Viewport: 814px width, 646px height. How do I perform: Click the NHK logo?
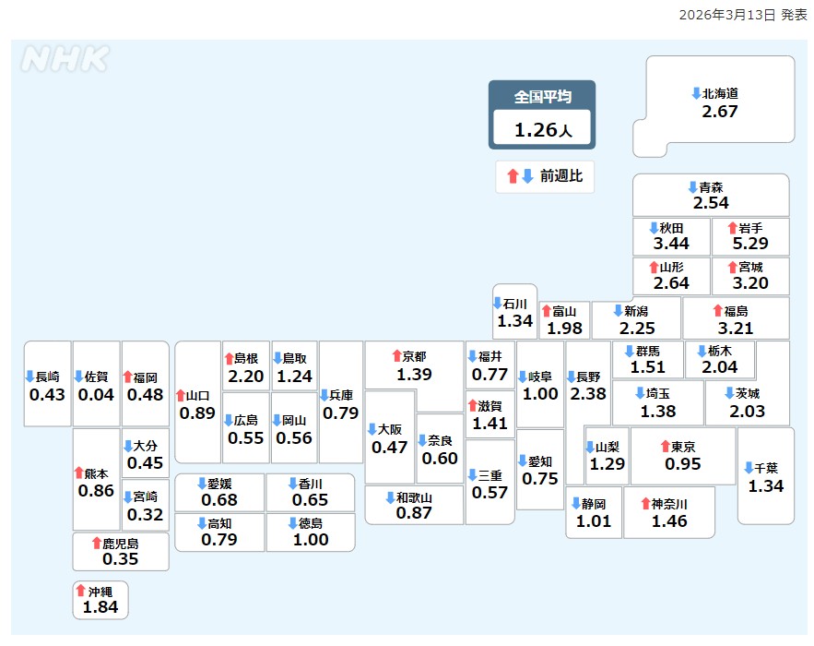(64, 59)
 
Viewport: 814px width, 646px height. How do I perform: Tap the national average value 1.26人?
(542, 130)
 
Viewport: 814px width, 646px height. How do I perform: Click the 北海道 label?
(720, 93)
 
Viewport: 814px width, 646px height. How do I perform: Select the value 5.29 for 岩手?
(750, 245)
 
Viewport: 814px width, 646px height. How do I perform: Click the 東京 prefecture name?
(684, 447)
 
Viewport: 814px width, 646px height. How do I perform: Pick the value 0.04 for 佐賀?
(96, 395)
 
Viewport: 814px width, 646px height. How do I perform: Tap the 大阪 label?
(390, 429)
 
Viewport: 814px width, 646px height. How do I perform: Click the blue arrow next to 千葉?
(749, 468)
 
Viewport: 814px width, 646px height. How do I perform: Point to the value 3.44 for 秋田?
(671, 245)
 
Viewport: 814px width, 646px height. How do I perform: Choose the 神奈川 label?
(669, 504)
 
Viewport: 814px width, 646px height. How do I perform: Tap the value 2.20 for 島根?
(246, 377)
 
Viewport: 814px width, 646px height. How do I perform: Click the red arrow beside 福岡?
(127, 377)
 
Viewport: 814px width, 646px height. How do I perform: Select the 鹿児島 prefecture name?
(121, 543)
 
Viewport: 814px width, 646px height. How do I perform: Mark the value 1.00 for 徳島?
(311, 540)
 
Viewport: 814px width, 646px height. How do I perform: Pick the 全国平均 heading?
(542, 97)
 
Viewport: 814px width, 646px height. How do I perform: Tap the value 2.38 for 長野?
(589, 394)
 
